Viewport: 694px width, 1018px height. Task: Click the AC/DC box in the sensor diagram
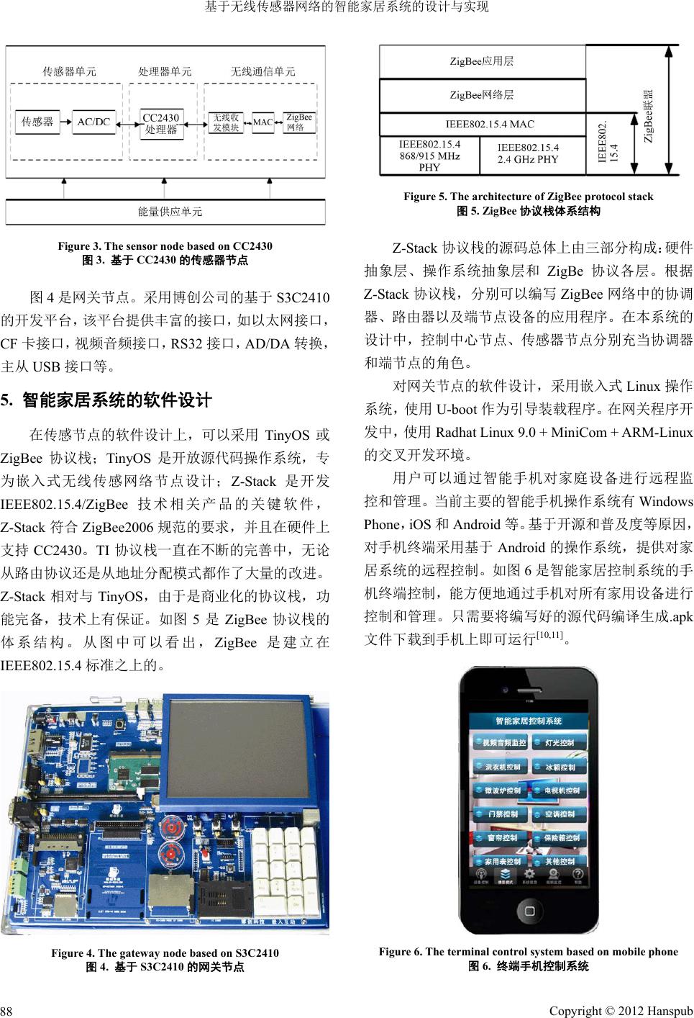click(93, 122)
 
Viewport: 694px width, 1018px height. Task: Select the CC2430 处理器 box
click(161, 123)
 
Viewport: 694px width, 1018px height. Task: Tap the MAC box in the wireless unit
click(263, 122)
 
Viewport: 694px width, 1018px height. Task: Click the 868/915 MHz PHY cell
click(429, 155)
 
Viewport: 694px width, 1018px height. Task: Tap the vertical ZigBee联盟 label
click(649, 115)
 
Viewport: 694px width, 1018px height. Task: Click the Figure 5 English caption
click(528, 197)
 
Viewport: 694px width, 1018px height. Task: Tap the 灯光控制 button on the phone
click(559, 742)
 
